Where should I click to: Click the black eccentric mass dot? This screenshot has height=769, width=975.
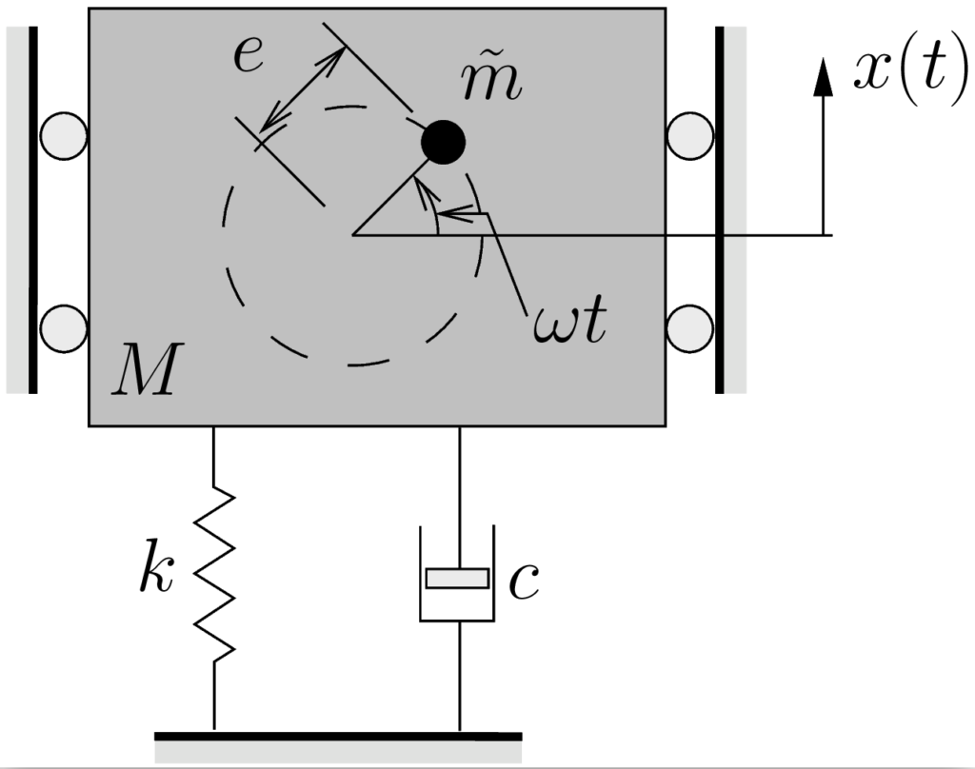coord(443,143)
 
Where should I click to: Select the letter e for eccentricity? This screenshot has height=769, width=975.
coord(249,56)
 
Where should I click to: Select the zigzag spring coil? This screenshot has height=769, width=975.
coord(214,571)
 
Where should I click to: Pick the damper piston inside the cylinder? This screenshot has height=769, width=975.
coord(458,578)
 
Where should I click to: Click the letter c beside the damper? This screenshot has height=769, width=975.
coord(525,582)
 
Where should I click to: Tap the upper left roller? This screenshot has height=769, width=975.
coord(63,136)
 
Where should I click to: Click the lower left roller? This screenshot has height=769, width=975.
coord(63,328)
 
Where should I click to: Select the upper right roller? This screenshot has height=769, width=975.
coord(690,136)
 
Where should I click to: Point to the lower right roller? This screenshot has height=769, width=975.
coord(690,328)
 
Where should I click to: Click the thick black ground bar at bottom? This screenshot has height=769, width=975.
coord(338,736)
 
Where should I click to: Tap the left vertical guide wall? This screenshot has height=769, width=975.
coord(32,209)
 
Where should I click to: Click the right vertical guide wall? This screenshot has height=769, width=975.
coord(720,209)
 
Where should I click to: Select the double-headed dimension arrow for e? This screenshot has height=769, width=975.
coord(302,88)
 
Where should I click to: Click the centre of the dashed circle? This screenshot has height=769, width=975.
coord(353,233)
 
